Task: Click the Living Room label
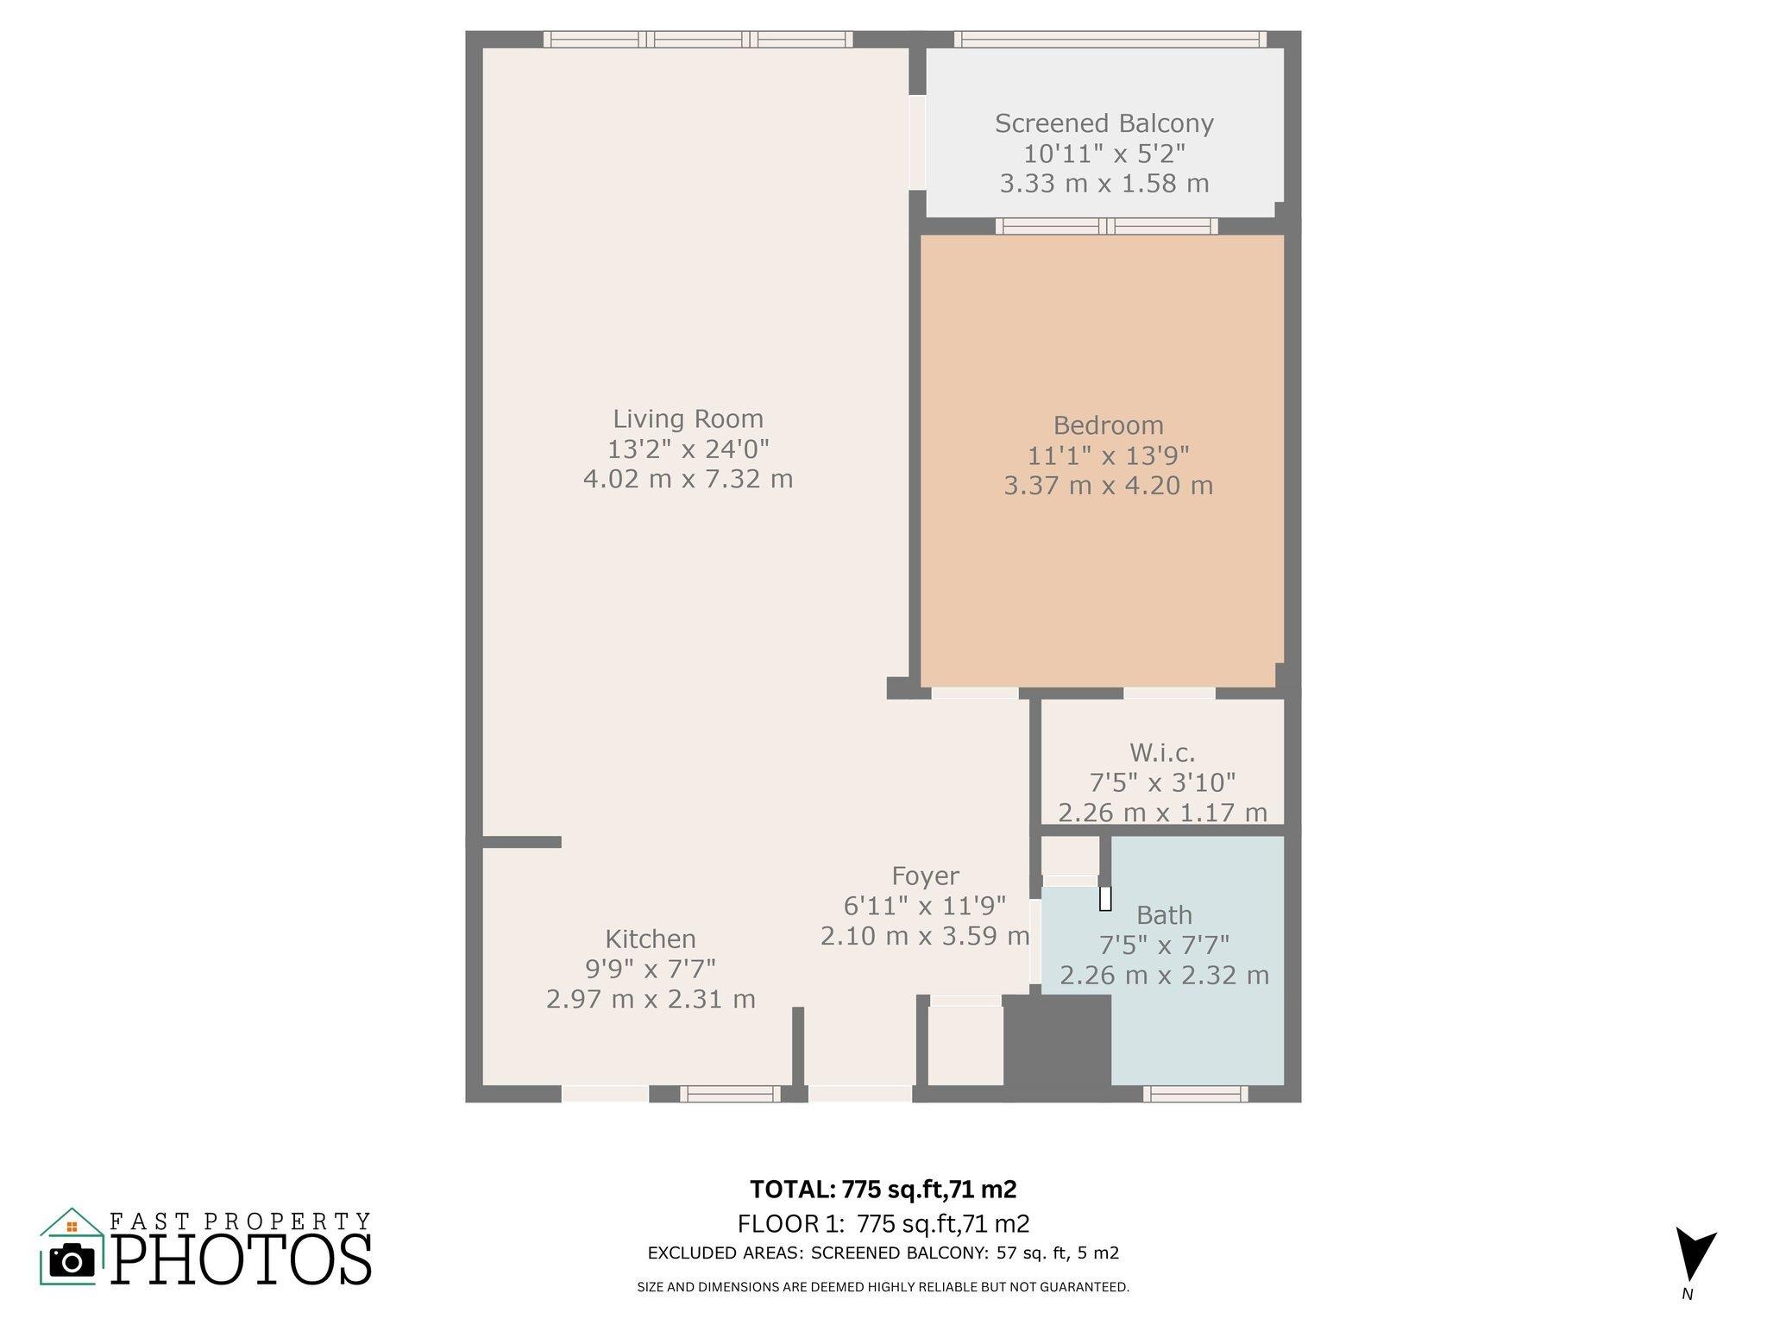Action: (x=688, y=419)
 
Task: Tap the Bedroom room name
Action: (x=1108, y=425)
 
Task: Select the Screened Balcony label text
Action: (x=1104, y=123)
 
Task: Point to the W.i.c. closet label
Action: (x=1162, y=753)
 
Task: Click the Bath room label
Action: (x=1164, y=914)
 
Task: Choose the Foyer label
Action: (x=925, y=876)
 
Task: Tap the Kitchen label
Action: (x=651, y=939)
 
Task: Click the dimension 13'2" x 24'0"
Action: (x=688, y=449)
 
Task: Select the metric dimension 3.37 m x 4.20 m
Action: (x=1108, y=486)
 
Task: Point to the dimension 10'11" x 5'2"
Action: (x=1104, y=154)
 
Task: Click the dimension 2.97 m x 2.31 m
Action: (x=651, y=999)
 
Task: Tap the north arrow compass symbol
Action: (x=1695, y=1254)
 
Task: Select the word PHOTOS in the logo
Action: (x=242, y=1259)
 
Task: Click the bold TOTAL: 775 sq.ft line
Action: (x=883, y=1190)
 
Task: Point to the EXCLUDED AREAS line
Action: (x=883, y=1253)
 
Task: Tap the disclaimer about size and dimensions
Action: (x=883, y=1287)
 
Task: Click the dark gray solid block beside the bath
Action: (x=1057, y=1040)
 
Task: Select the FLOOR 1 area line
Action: (x=883, y=1224)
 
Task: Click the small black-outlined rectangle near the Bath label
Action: (x=1105, y=899)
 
